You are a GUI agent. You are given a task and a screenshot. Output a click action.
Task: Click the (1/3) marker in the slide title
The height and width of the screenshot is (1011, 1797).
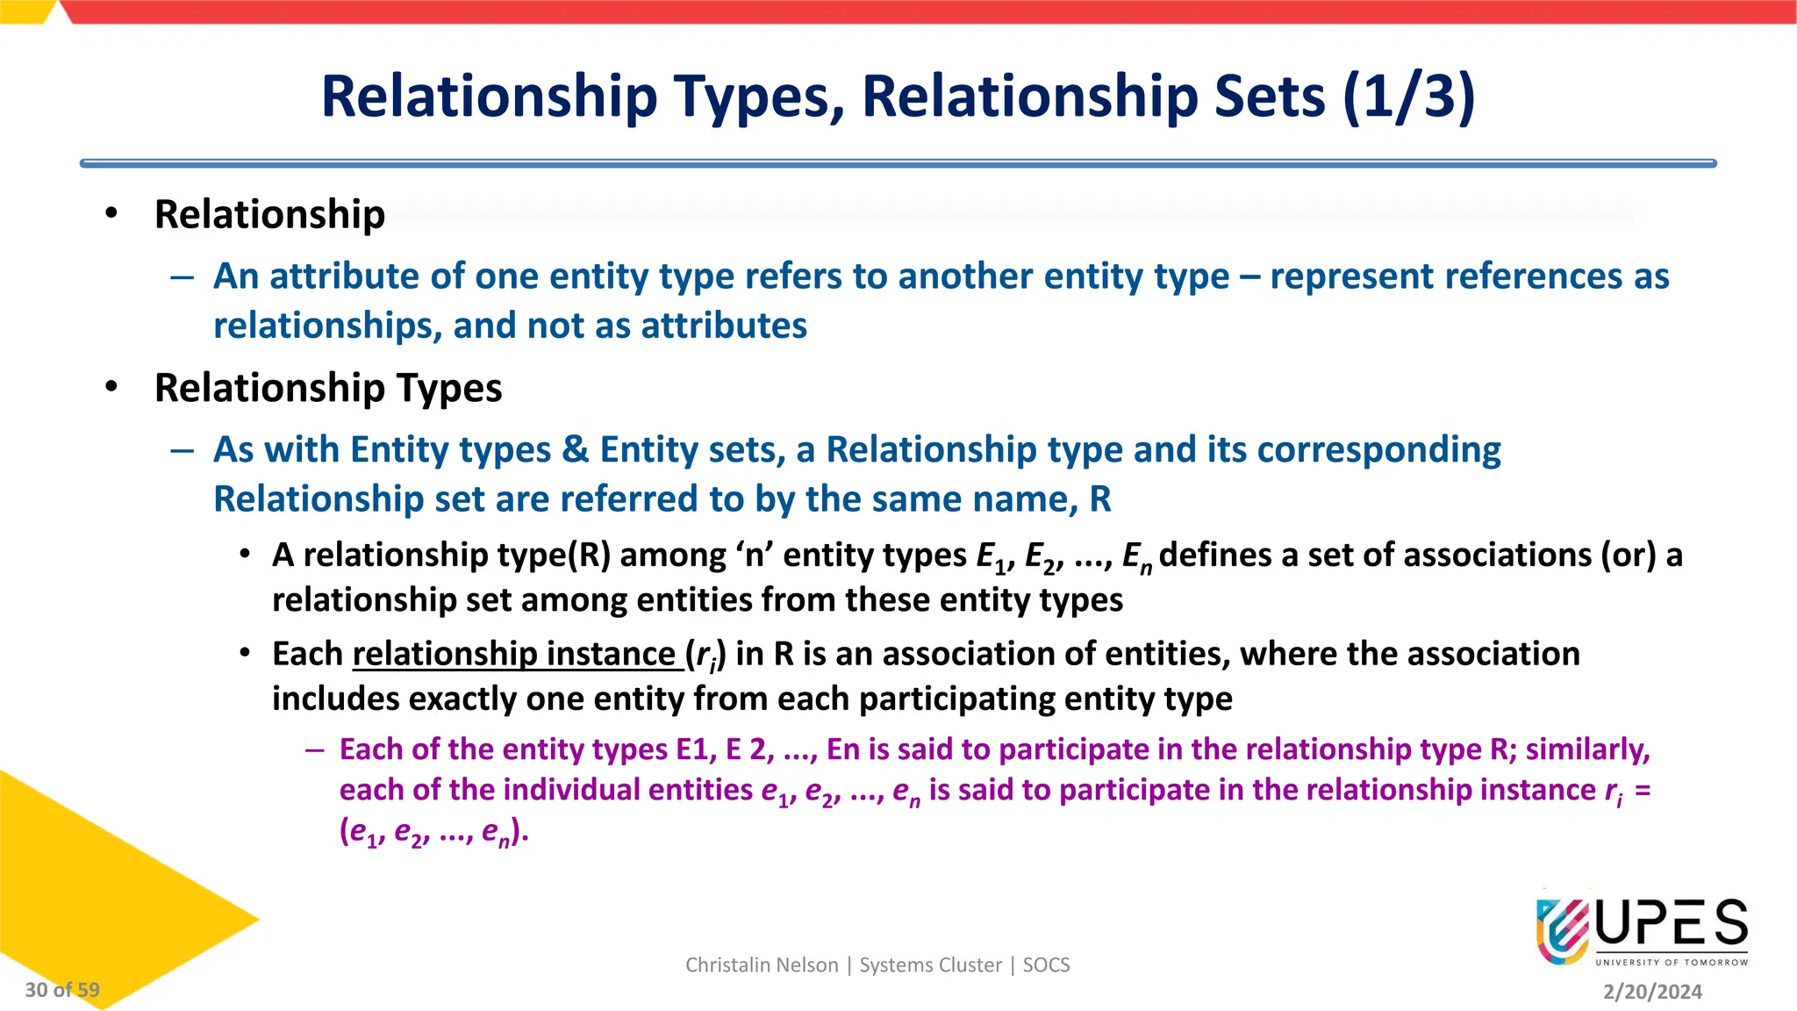click(1408, 97)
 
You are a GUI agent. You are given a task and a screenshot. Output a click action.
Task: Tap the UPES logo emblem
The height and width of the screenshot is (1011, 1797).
click(1562, 931)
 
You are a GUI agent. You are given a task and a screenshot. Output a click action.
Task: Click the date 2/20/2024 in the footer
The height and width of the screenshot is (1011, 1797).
click(1652, 992)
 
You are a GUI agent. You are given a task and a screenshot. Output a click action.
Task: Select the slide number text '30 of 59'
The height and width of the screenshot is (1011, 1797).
click(62, 990)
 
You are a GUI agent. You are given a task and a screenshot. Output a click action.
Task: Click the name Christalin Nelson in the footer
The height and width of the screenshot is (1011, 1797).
click(762, 965)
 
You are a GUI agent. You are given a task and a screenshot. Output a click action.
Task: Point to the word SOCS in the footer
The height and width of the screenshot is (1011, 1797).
click(1046, 965)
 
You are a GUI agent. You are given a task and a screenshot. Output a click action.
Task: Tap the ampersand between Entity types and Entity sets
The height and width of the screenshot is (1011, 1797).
click(576, 450)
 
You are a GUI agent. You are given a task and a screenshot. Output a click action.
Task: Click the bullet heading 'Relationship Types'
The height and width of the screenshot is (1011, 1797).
click(328, 388)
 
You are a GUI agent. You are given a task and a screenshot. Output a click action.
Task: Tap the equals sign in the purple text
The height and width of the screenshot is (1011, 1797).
click(1643, 790)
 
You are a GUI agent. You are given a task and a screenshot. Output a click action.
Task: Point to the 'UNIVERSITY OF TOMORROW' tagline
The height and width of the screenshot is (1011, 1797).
click(1672, 963)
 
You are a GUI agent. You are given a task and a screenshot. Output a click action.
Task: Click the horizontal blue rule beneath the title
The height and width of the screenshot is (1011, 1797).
click(898, 163)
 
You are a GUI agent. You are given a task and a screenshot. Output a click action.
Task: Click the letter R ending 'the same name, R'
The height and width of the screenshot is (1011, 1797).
click(1100, 499)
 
